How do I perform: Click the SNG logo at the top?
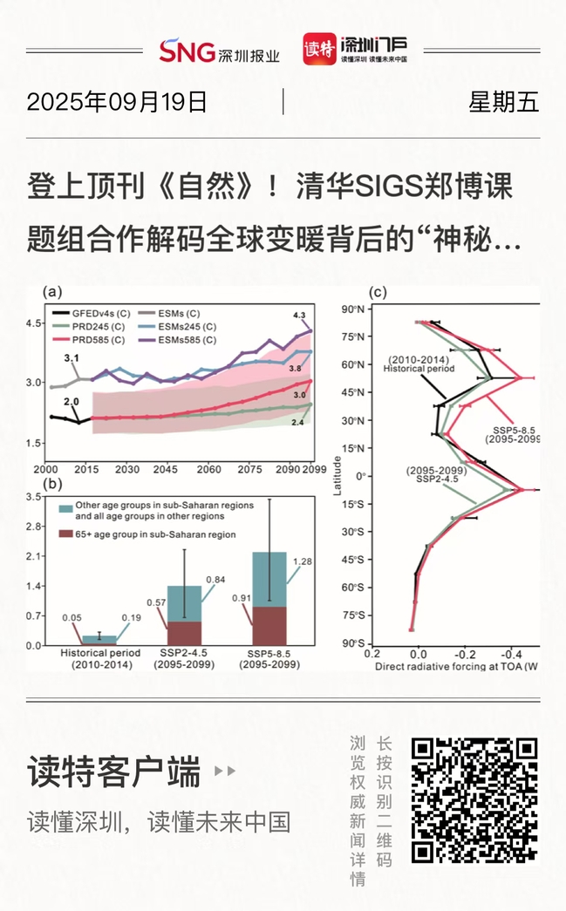[186, 51]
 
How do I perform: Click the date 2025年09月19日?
[117, 102]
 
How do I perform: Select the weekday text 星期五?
[503, 102]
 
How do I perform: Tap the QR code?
[474, 799]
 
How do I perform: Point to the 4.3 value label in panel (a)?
[299, 315]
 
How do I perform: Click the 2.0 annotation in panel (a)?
[71, 401]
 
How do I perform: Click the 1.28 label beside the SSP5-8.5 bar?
[302, 561]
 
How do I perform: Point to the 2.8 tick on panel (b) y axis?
[35, 526]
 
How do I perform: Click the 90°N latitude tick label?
[351, 309]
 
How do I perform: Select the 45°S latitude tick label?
[351, 560]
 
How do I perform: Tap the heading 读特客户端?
[114, 772]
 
